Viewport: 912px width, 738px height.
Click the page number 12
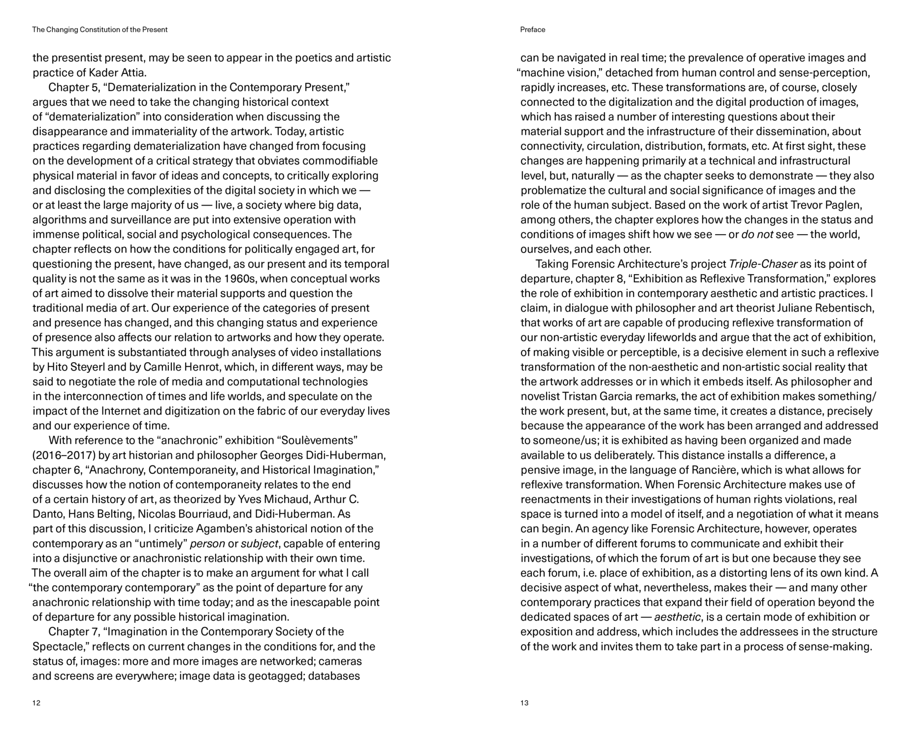point(36,703)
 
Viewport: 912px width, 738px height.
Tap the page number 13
point(524,703)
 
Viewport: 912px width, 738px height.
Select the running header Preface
point(532,30)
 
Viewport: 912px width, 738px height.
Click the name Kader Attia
point(118,73)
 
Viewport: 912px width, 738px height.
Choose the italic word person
point(207,544)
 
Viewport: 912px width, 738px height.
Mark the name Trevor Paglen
point(827,205)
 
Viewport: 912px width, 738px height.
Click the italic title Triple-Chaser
point(763,264)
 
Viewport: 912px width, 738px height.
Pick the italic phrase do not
point(756,235)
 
